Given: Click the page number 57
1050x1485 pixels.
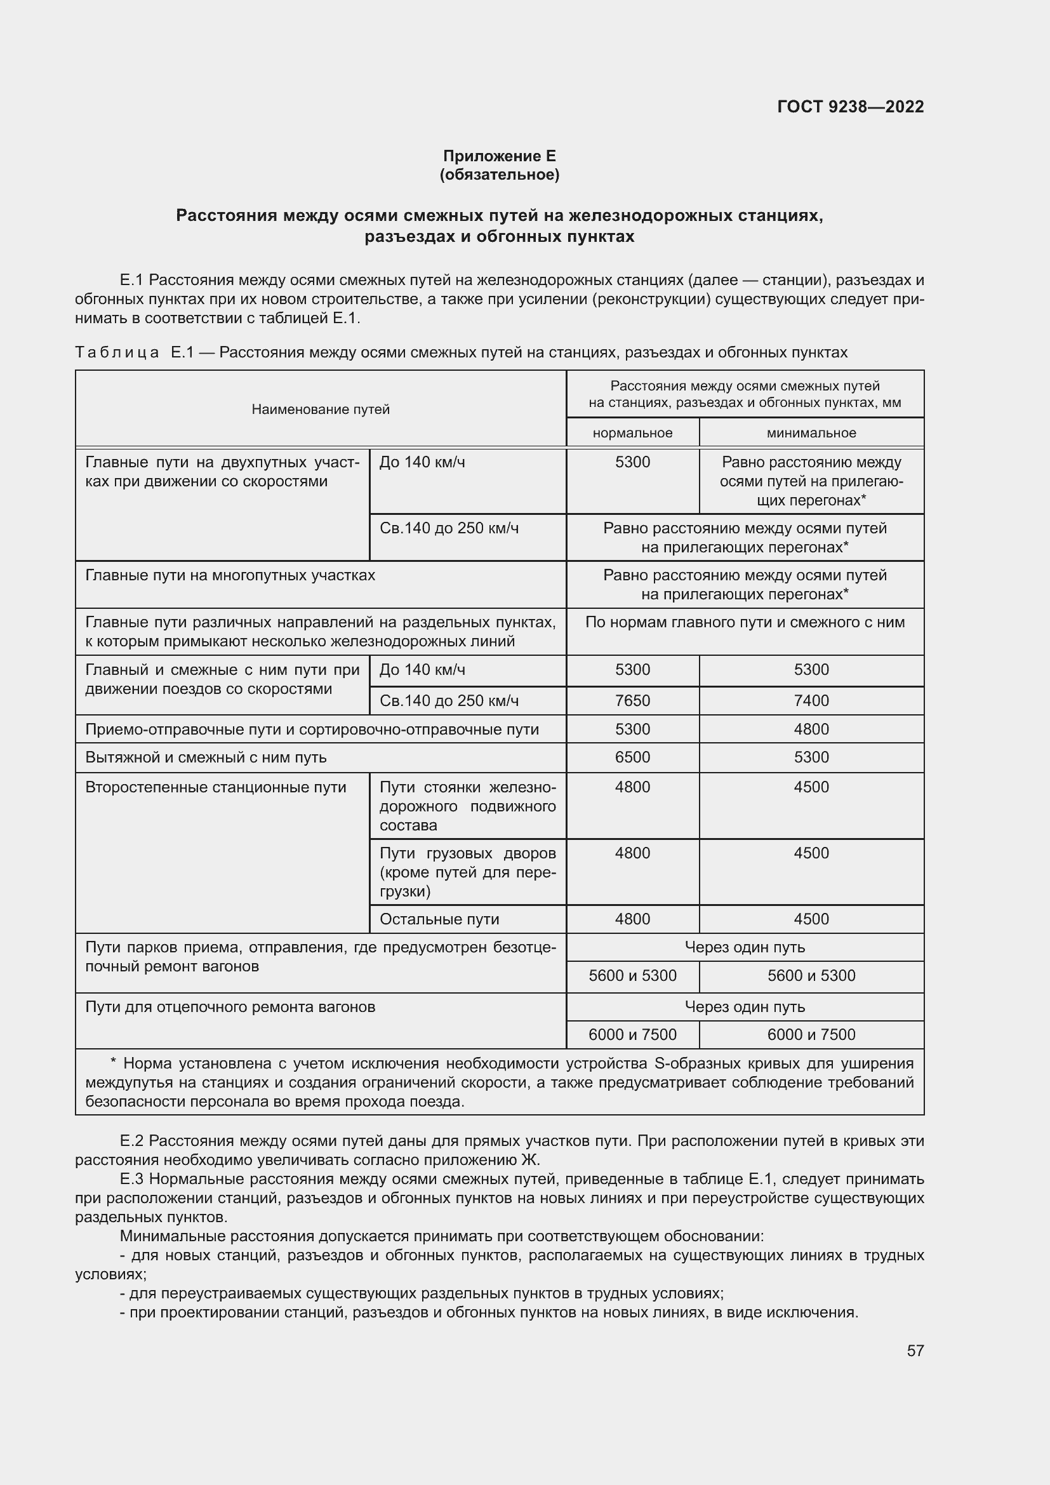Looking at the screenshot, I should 915,1350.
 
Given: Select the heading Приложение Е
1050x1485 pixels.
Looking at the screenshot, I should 498,156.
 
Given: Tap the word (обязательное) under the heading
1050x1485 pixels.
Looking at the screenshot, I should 498,175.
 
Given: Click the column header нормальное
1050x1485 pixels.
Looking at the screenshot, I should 632,433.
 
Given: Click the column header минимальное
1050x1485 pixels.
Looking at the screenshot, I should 811,433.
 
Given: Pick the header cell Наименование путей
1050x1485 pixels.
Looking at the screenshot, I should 320,409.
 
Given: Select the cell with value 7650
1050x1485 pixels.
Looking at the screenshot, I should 632,700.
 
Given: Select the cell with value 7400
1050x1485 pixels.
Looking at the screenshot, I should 811,700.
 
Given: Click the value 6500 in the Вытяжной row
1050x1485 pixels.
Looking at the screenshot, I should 632,757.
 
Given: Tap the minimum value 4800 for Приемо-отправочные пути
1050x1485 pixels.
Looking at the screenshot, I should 811,729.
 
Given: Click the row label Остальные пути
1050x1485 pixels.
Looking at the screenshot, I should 439,919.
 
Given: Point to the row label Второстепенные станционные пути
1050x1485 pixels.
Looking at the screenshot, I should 215,787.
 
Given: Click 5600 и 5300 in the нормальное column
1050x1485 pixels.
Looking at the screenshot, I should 632,975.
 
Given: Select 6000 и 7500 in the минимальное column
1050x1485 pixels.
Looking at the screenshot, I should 811,1034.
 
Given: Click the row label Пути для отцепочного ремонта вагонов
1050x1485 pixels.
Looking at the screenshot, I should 230,1007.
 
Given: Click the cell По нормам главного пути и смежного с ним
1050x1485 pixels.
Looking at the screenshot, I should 744,622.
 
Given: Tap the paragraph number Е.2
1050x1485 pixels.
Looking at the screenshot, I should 131,1141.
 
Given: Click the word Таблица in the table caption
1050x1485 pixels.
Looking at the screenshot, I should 116,352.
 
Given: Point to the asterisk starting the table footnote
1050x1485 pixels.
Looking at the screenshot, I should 113,1063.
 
